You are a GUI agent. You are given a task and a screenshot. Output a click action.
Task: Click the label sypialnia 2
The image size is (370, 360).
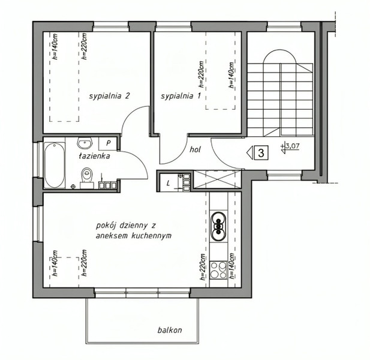pos(109,96)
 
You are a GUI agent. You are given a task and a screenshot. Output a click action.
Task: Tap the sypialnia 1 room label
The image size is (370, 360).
pos(181,96)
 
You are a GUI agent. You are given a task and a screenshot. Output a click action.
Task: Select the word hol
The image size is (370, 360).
pos(195,149)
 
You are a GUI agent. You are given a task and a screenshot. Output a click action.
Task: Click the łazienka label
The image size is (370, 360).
pos(94,156)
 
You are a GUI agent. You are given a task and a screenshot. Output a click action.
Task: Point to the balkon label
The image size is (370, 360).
pos(170,330)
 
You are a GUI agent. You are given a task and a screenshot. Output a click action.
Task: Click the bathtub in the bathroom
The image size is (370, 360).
pos(55,165)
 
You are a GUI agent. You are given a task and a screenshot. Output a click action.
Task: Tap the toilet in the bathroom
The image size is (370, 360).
pos(86,178)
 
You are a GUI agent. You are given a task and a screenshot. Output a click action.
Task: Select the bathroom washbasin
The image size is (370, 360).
pos(85,143)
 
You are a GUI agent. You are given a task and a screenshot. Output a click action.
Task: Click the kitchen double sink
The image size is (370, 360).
pos(218,226)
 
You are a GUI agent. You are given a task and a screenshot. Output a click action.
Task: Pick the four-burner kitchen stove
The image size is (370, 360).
pos(218,270)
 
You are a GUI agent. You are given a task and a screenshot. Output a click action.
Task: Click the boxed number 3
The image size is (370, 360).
pos(261,153)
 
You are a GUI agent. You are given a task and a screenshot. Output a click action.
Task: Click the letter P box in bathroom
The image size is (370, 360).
pos(108,143)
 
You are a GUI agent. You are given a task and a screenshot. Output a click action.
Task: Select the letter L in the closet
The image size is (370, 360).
pos(168,183)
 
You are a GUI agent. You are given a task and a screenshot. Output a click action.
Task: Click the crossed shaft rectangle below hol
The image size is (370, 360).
pos(217,179)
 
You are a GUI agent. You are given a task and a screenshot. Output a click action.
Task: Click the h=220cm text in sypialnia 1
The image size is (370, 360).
pos(201,74)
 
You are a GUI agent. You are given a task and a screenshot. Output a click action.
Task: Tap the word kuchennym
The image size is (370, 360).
pos(151,236)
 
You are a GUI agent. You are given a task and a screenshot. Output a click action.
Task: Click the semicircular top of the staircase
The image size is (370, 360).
pos(280,55)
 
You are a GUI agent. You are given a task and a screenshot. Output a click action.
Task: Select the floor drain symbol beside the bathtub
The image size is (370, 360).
pos(73,186)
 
